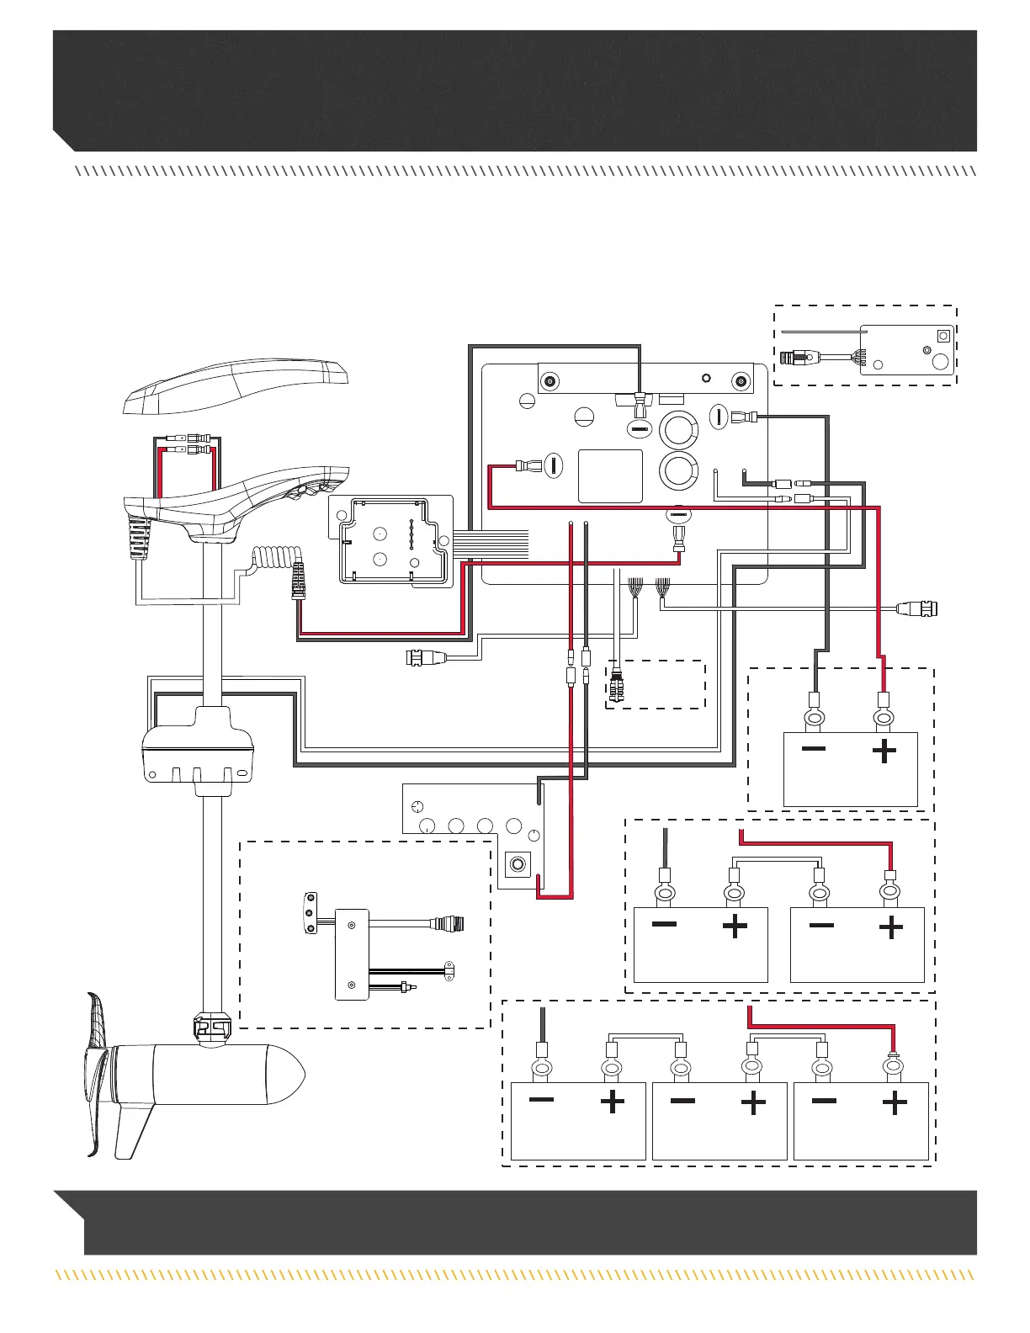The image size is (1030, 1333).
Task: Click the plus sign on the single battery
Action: point(884,750)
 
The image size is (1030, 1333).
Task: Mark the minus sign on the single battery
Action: point(813,749)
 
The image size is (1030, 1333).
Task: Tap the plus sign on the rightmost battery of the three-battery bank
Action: point(894,1102)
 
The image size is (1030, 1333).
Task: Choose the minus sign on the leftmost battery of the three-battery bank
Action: point(541,1100)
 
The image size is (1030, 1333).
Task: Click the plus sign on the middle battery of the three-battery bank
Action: point(753,1102)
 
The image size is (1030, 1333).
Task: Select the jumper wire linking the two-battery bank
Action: point(776,859)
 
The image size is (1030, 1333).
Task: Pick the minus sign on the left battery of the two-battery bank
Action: point(664,924)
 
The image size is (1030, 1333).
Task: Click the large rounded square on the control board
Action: point(610,476)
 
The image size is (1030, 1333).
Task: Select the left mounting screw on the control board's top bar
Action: point(550,381)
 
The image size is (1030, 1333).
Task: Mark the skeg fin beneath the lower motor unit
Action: point(135,1128)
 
